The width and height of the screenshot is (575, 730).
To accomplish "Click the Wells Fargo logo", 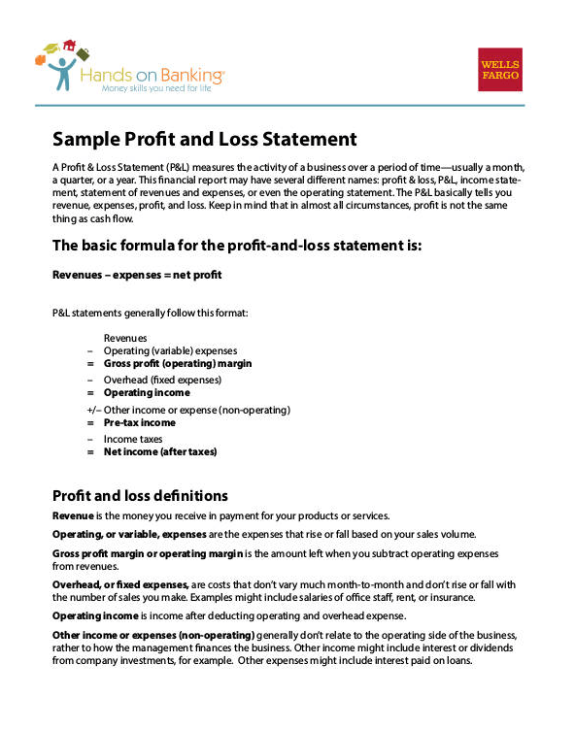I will click(499, 69).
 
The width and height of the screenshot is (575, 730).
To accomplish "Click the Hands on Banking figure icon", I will click(60, 68).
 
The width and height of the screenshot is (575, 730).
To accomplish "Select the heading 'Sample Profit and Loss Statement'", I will click(204, 140).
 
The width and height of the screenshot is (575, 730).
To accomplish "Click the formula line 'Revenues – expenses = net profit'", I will click(137, 275).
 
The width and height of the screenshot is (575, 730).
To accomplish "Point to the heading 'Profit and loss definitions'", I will click(140, 496).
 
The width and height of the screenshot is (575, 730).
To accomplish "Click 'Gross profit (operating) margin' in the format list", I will click(177, 363).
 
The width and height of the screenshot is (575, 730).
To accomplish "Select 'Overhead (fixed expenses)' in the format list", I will click(155, 380).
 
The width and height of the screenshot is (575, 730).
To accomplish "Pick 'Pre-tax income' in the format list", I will click(139, 423).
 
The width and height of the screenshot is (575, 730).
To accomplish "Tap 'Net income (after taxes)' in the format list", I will click(159, 451).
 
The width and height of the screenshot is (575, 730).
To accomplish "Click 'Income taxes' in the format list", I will click(133, 439).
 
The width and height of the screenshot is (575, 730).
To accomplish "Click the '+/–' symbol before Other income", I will click(93, 410).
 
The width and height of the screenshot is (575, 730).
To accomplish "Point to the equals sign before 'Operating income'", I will click(91, 393).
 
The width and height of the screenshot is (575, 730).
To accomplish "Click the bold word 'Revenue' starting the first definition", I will click(73, 514).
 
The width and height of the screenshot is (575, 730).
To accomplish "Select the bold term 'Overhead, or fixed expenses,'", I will click(120, 584).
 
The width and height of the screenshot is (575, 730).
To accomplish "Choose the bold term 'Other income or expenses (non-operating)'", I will click(153, 635).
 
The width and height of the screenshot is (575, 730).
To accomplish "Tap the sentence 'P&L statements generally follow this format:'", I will click(150, 313).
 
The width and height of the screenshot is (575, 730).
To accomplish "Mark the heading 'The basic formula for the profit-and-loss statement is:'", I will click(237, 246).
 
